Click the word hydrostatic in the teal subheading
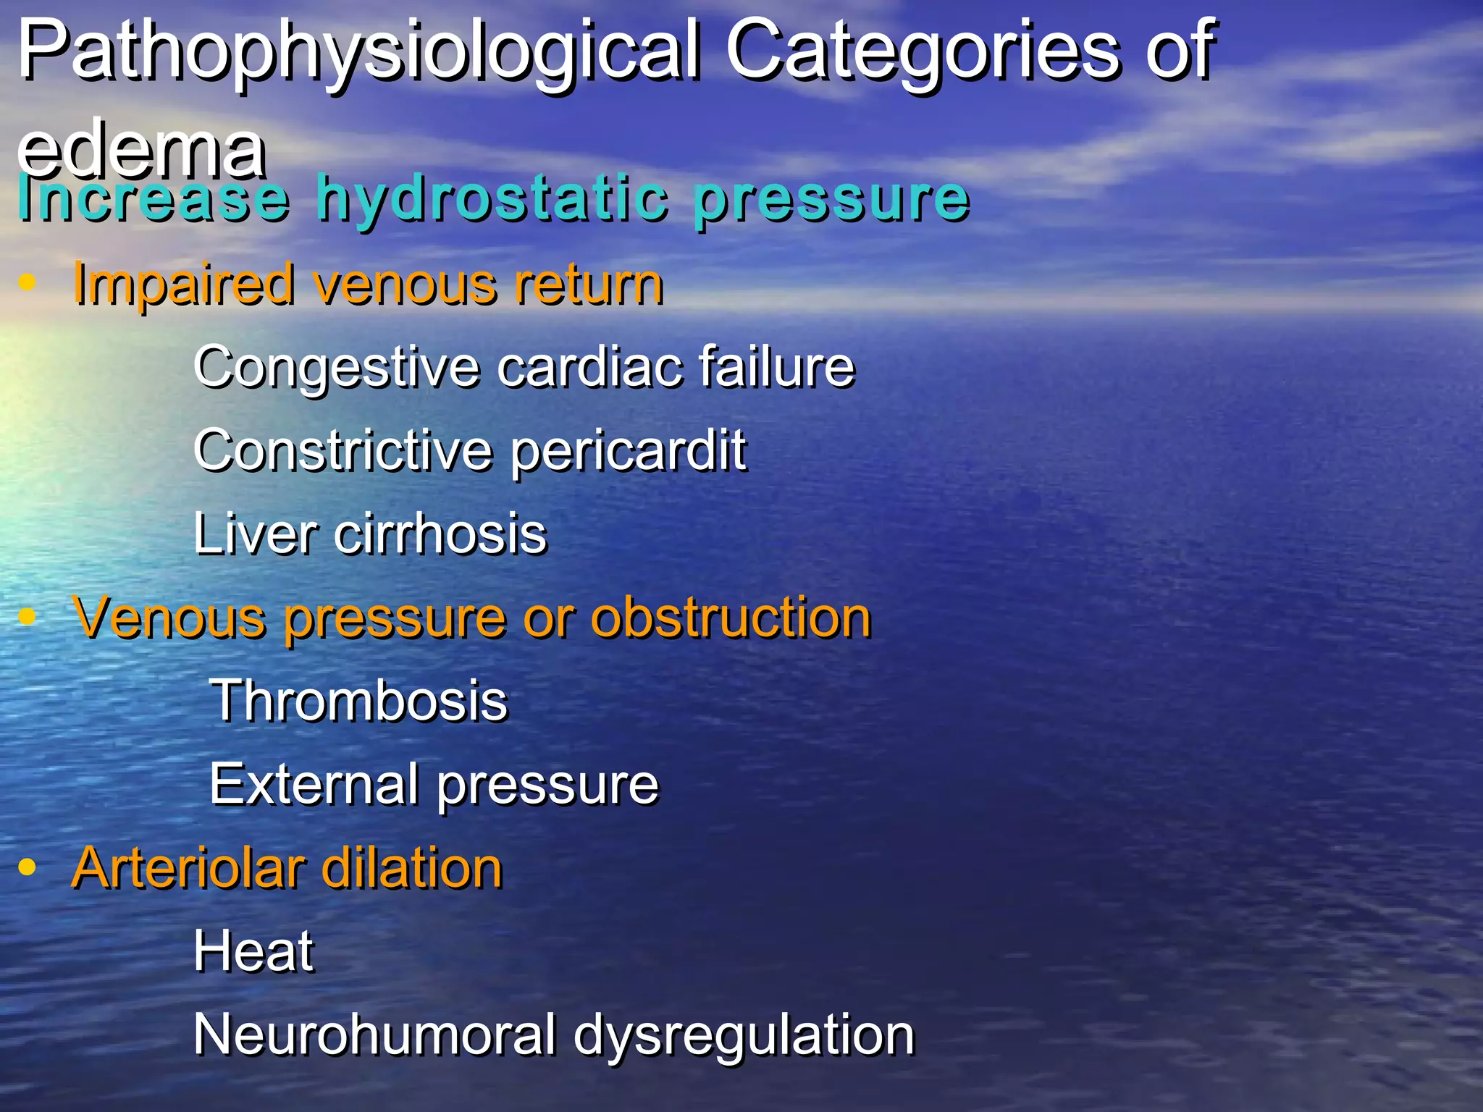tap(492, 198)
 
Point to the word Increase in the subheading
tap(154, 198)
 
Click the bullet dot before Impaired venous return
tap(28, 282)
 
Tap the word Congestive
tap(336, 368)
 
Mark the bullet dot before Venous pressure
tap(28, 617)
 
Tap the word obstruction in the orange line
tap(731, 618)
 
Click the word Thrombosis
tap(359, 701)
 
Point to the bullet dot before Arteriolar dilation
tap(28, 867)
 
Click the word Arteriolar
tap(188, 868)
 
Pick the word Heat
tap(253, 951)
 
